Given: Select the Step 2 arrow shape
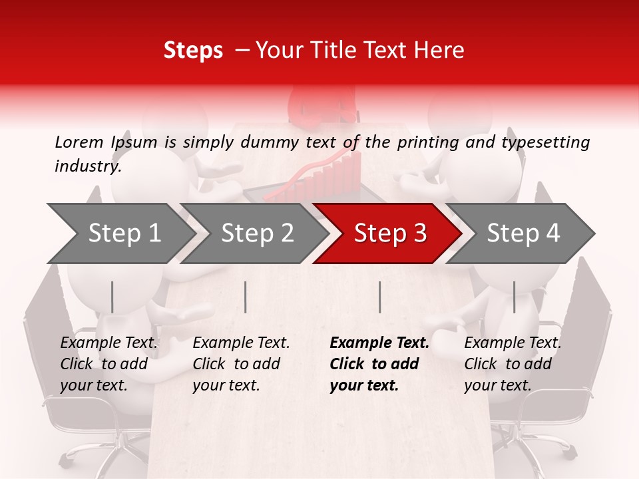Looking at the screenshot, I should click(x=257, y=234).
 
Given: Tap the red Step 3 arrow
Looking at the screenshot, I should click(x=390, y=234).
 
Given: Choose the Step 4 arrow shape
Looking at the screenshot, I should click(x=523, y=234).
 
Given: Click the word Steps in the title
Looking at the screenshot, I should click(x=193, y=51).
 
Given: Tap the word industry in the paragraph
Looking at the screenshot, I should click(x=87, y=166).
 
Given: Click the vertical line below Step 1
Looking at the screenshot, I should click(x=112, y=297).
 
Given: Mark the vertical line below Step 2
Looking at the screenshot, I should click(x=246, y=297).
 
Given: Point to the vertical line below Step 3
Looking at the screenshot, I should click(x=380, y=297).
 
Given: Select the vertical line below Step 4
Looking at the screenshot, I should click(x=514, y=297).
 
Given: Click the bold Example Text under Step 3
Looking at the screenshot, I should click(x=379, y=343).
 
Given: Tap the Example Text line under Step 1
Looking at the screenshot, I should click(x=109, y=343).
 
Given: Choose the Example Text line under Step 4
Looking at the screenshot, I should click(x=513, y=343).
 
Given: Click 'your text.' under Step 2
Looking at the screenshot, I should click(x=226, y=385).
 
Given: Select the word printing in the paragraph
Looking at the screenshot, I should click(x=425, y=142).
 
